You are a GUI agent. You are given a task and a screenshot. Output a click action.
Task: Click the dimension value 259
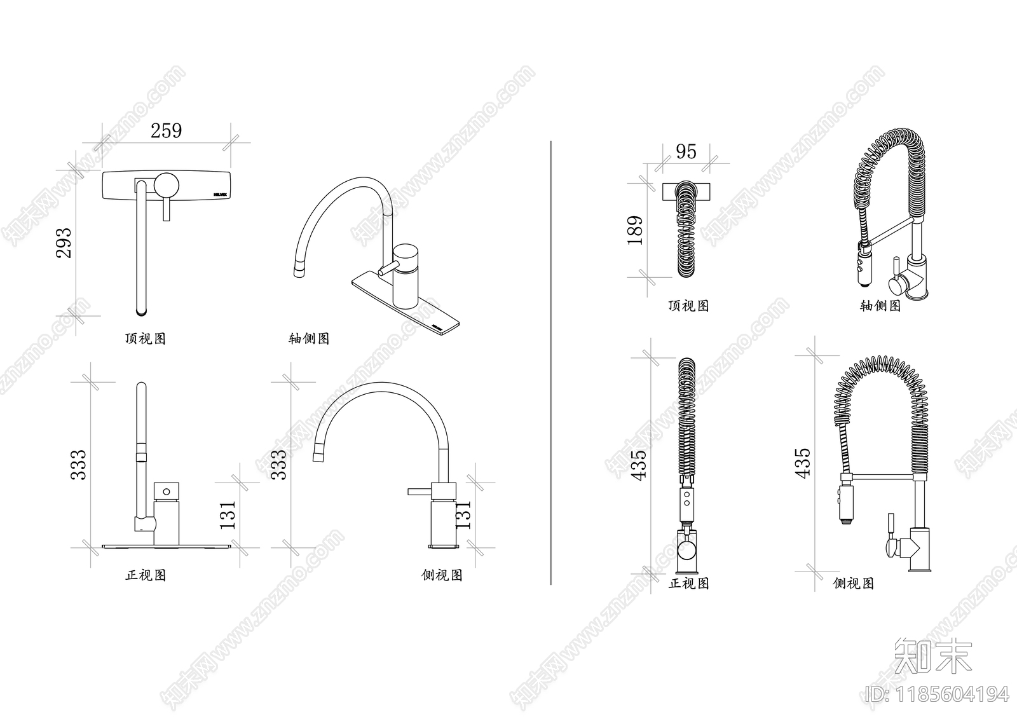tap(166, 130)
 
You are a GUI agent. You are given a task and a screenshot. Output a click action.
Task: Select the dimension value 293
tap(64, 242)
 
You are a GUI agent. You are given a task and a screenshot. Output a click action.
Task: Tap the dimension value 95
tap(686, 151)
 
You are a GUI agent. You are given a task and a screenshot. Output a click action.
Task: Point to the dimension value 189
tap(635, 230)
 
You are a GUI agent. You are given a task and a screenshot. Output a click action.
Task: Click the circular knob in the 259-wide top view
tap(168, 184)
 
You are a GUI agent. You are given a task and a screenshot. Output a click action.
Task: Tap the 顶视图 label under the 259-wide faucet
tap(145, 338)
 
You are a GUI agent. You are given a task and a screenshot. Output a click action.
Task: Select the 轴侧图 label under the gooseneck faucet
tap(309, 338)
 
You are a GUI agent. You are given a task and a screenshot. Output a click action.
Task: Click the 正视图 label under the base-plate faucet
tap(146, 575)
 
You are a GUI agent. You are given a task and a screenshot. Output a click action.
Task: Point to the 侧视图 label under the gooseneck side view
tap(442, 575)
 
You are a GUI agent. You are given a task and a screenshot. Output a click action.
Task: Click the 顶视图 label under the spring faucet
tap(688, 306)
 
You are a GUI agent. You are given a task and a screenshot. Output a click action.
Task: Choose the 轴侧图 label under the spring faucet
tap(880, 306)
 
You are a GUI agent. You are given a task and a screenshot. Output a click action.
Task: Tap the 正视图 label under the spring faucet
tap(688, 583)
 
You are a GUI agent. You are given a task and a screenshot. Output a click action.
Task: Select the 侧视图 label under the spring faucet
tap(853, 583)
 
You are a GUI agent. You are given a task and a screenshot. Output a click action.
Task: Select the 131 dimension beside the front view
tap(228, 515)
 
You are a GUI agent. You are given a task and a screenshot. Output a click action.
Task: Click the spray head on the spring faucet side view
tap(843, 505)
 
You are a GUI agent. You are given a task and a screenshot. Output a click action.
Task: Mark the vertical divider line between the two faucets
tap(550, 362)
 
